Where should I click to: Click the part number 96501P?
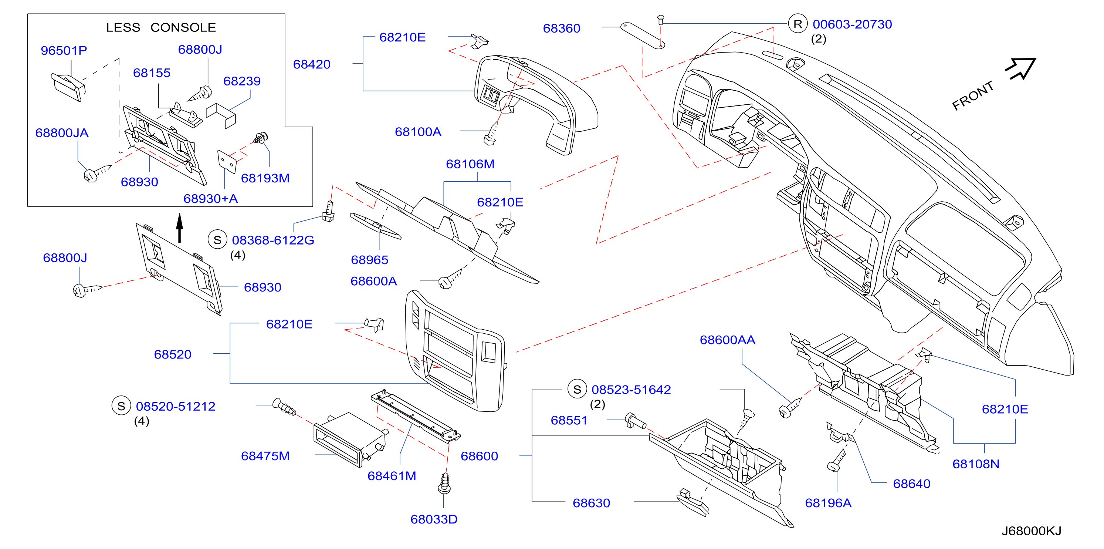click(64, 51)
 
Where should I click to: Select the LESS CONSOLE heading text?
click(161, 27)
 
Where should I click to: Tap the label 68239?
click(242, 81)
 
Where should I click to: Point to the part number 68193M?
click(265, 178)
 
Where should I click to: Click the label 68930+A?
click(210, 199)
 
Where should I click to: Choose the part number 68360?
click(562, 28)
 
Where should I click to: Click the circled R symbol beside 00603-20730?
click(797, 24)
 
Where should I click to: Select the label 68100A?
click(418, 132)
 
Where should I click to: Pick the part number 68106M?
click(470, 164)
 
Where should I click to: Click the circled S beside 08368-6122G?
click(217, 240)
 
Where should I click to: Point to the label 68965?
click(369, 260)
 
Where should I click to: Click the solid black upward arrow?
click(180, 228)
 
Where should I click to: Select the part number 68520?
click(173, 354)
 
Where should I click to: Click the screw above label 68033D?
click(444, 484)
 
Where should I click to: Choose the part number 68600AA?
click(727, 340)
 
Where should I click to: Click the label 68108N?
click(976, 464)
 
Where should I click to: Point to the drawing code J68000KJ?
click(1031, 531)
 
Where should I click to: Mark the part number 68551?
click(569, 420)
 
